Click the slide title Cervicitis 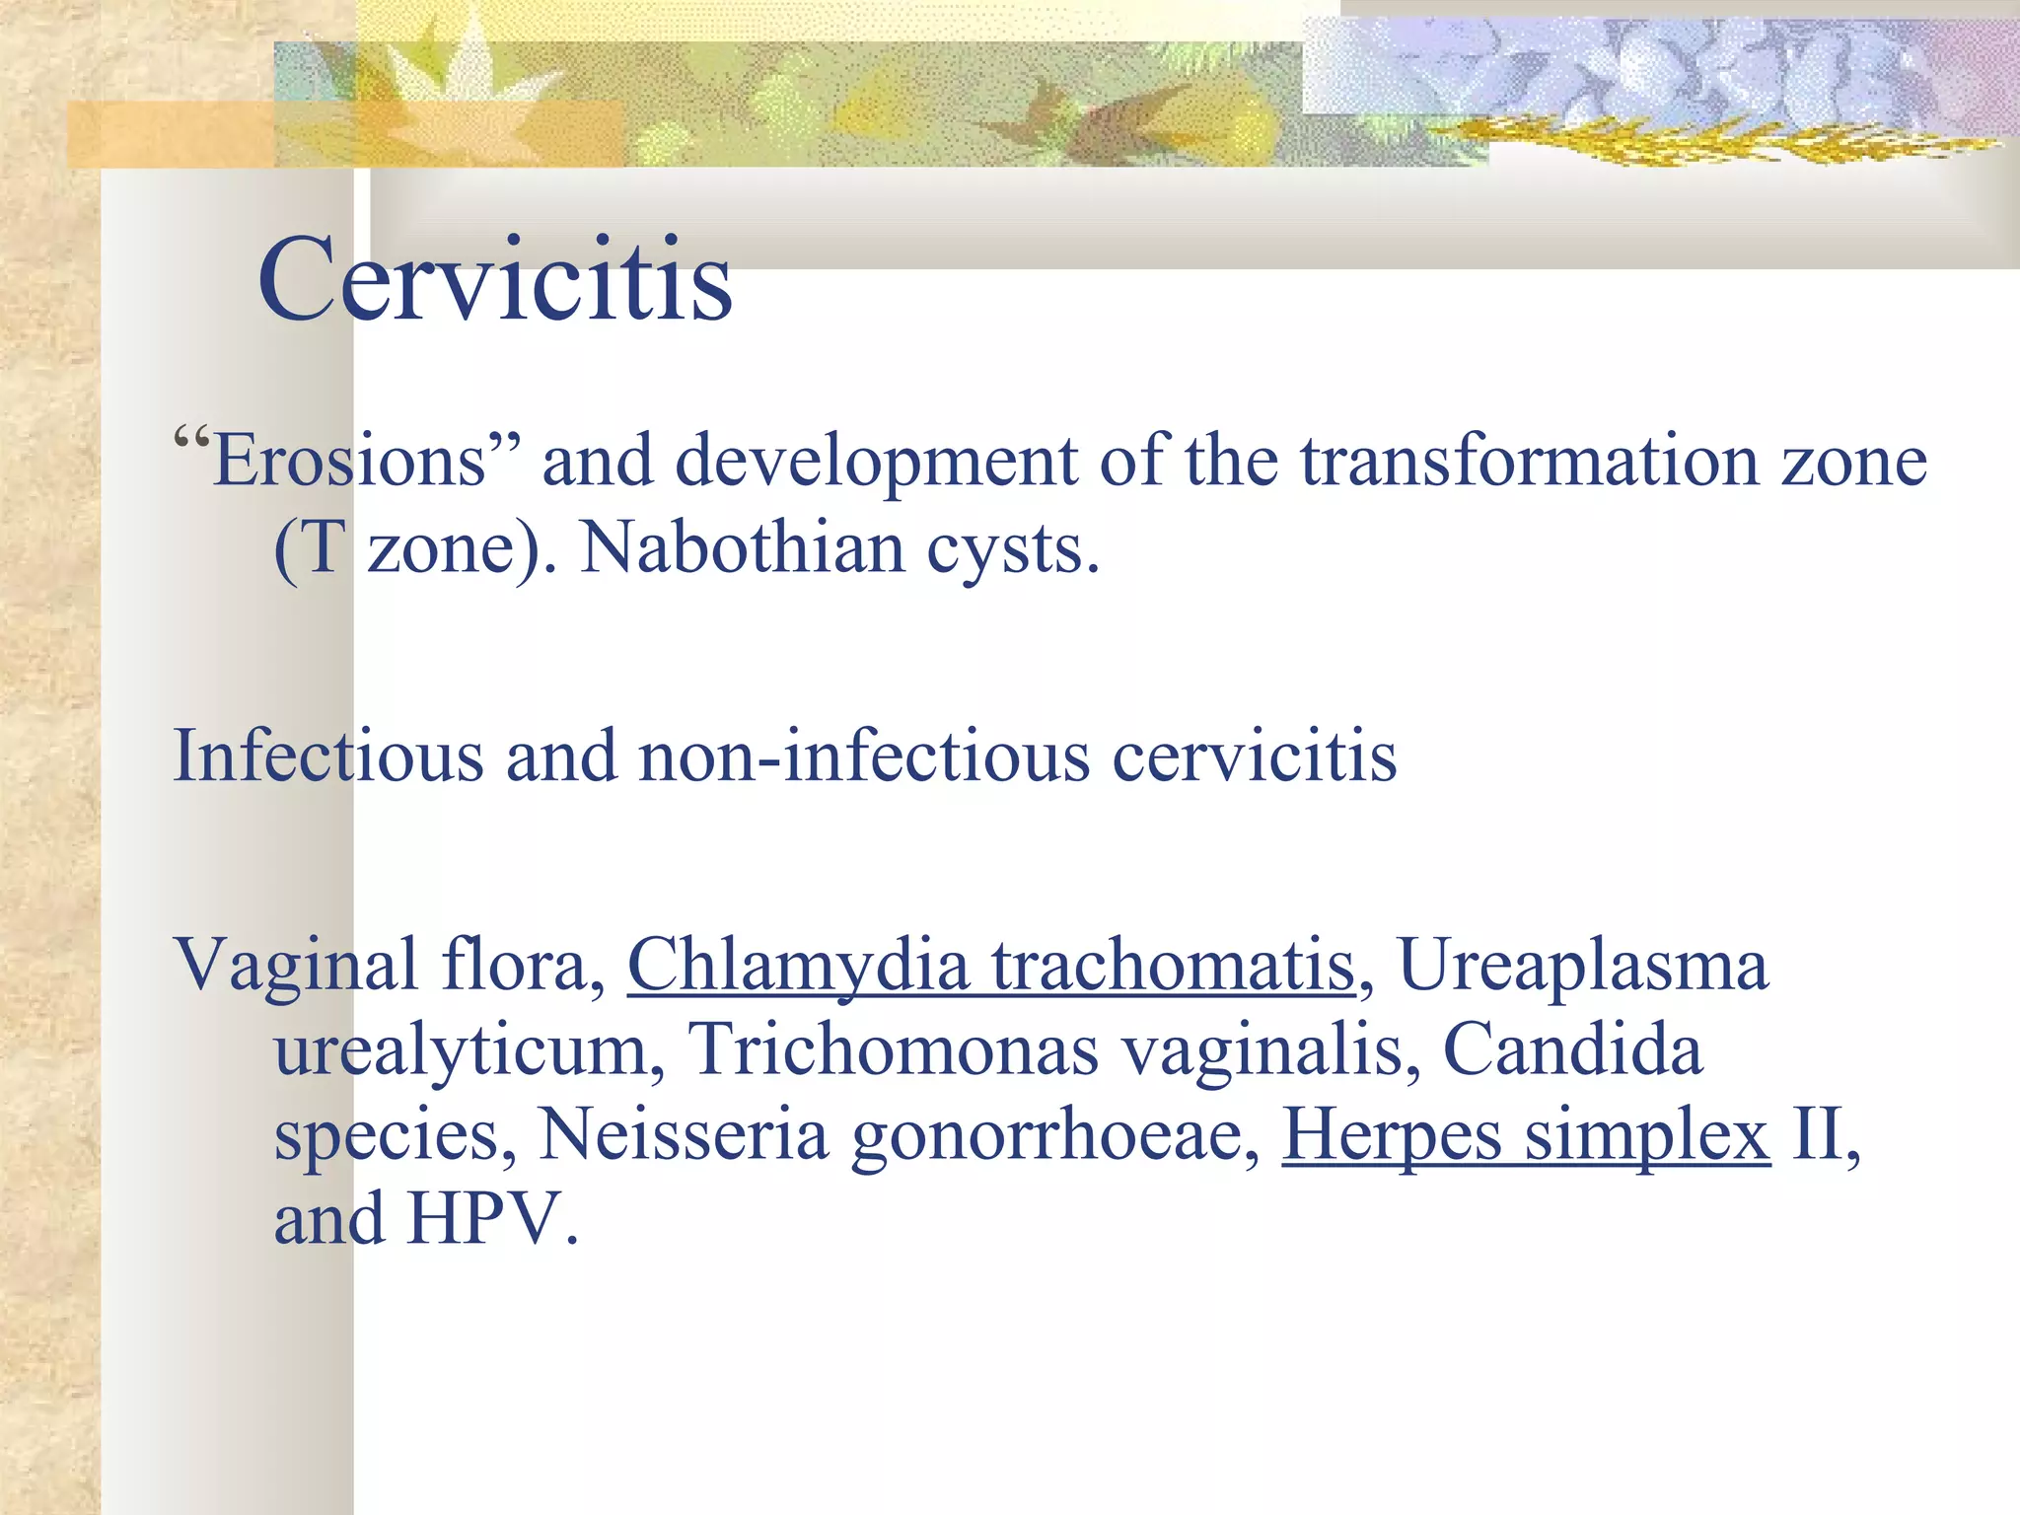tap(495, 281)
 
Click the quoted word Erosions tap(350, 462)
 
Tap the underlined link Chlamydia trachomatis tap(991, 966)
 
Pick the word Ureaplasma tap(1583, 966)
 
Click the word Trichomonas tap(893, 1049)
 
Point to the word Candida tap(1572, 1049)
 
